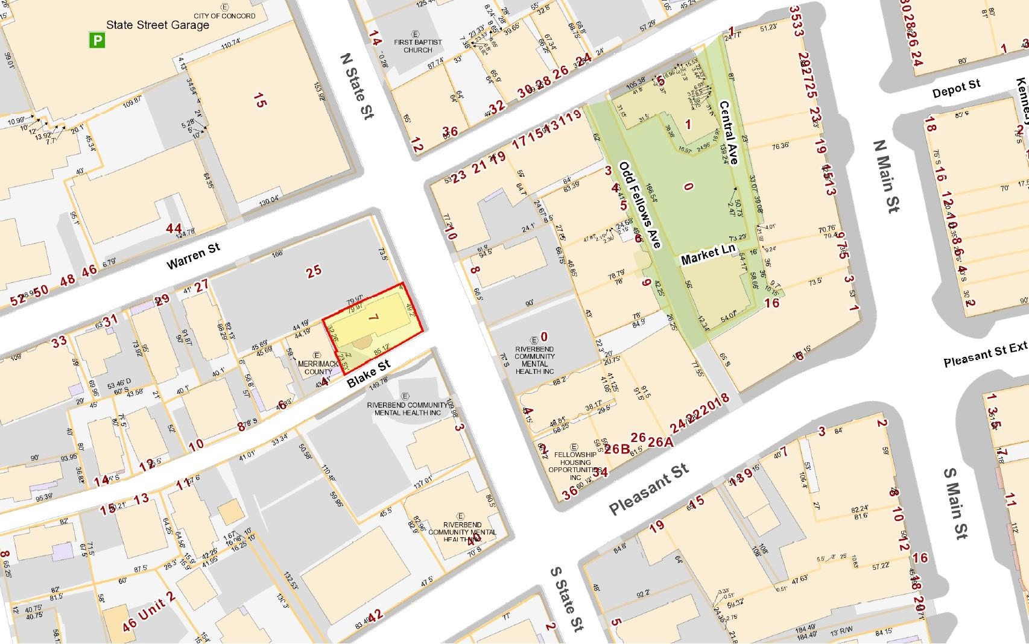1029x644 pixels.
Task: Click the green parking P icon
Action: pyautogui.click(x=97, y=40)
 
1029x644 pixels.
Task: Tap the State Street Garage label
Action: pyautogui.click(x=157, y=25)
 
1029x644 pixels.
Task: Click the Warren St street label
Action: pyautogui.click(x=193, y=256)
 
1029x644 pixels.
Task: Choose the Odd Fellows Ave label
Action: pyautogui.click(x=641, y=205)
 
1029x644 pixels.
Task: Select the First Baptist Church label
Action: pyautogui.click(x=417, y=45)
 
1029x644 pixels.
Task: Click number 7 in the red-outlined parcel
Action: pyautogui.click(x=372, y=318)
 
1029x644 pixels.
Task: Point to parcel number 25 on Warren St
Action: pyautogui.click(x=314, y=271)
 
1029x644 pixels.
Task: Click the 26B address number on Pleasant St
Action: pyautogui.click(x=617, y=449)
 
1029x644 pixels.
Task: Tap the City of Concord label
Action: pyautogui.click(x=224, y=16)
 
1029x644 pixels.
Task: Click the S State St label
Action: pyautogui.click(x=566, y=599)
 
